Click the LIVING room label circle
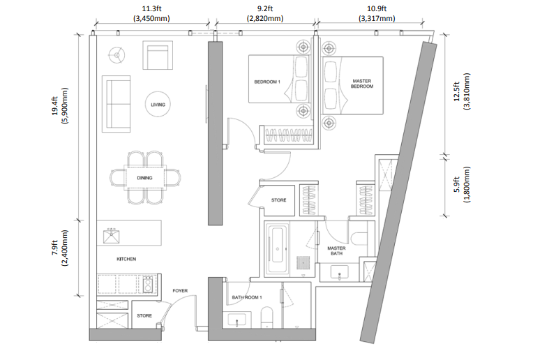pyautogui.click(x=158, y=93)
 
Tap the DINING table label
pyautogui.click(x=144, y=178)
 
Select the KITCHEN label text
pyautogui.click(x=126, y=259)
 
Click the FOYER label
pyautogui.click(x=180, y=291)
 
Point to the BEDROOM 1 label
pyautogui.click(x=267, y=82)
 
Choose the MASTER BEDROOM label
pyautogui.click(x=362, y=84)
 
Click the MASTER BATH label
pyautogui.click(x=336, y=251)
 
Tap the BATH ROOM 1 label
pyautogui.click(x=247, y=297)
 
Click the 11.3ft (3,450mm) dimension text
pyautogui.click(x=151, y=13)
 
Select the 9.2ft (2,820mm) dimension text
pyautogui.click(x=265, y=13)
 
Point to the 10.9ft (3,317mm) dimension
pyautogui.click(x=377, y=13)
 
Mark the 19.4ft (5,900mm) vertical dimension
pyautogui.click(x=60, y=106)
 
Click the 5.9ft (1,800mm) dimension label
pyautogui.click(x=462, y=185)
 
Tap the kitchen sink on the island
pyautogui.click(x=111, y=237)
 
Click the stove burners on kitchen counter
pyautogui.click(x=148, y=285)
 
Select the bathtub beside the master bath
pyautogui.click(x=278, y=250)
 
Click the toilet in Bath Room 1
pyautogui.click(x=266, y=318)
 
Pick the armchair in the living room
pyautogui.click(x=158, y=55)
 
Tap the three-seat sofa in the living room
pyautogui.click(x=117, y=104)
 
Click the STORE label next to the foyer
pyautogui.click(x=144, y=316)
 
